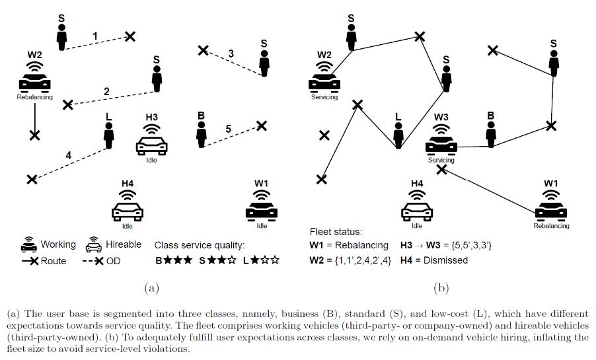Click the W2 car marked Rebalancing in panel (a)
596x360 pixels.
(x=34, y=80)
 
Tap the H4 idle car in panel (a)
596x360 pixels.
(x=128, y=208)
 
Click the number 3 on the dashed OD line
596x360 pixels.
(x=231, y=53)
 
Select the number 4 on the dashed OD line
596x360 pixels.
(x=68, y=156)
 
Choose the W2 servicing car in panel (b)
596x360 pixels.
(x=324, y=80)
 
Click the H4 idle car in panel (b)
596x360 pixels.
(x=417, y=208)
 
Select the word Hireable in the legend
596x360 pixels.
(x=124, y=244)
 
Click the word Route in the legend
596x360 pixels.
(x=54, y=261)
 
